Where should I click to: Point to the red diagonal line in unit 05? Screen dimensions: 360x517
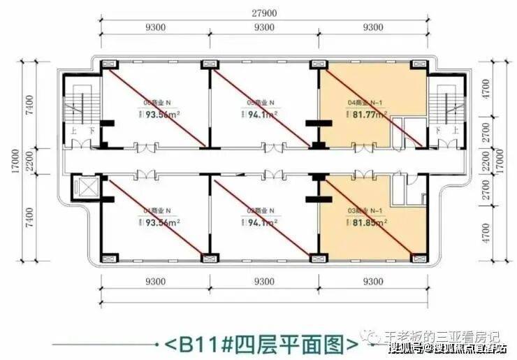(x=260, y=105)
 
